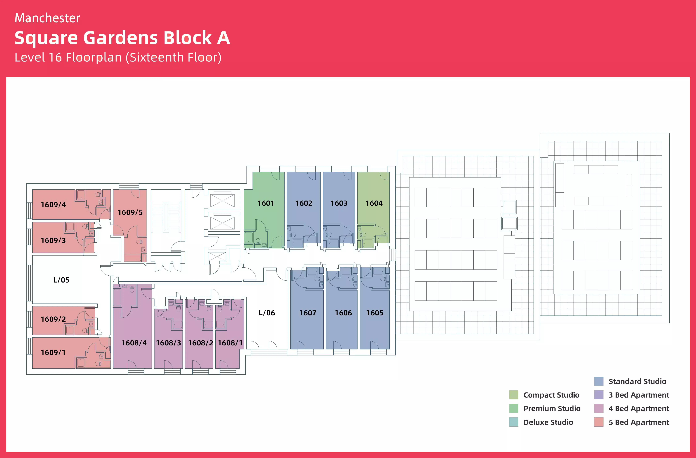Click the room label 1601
point(266,203)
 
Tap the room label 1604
point(374,203)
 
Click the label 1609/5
point(130,212)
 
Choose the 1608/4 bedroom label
point(134,343)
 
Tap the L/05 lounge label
point(61,280)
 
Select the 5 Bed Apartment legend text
point(639,422)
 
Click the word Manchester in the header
point(47,18)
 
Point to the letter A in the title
point(223,38)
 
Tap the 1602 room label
point(304,203)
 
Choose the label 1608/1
point(230,343)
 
